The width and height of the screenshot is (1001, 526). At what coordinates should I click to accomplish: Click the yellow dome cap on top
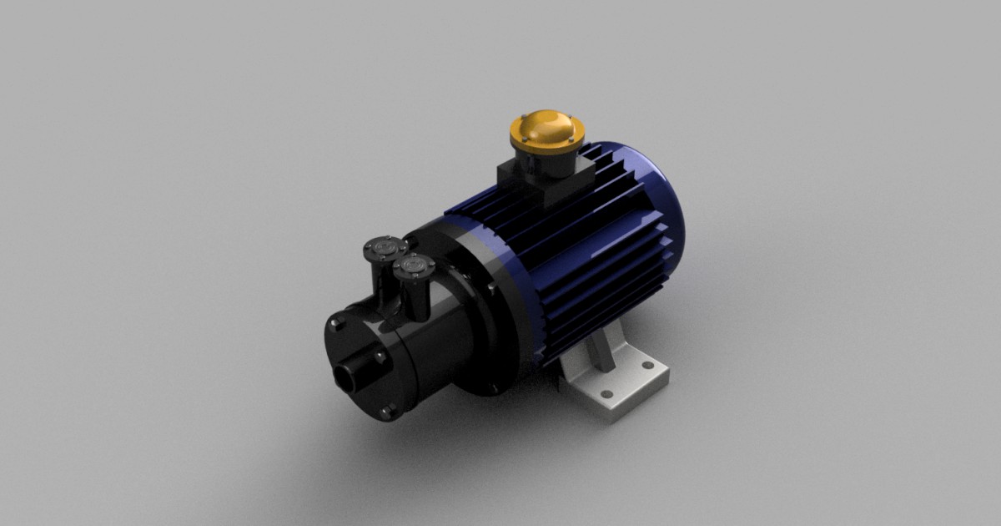click(548, 127)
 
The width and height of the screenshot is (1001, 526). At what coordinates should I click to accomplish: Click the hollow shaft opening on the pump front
click(345, 377)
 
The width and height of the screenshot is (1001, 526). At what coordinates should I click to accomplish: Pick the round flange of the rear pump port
click(384, 247)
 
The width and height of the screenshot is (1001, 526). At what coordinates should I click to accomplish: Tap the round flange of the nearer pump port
click(414, 266)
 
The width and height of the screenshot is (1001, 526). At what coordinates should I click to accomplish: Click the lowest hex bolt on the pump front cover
click(385, 409)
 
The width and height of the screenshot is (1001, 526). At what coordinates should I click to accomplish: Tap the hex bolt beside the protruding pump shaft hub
click(380, 357)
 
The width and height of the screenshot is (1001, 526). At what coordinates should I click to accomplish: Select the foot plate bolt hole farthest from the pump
click(646, 365)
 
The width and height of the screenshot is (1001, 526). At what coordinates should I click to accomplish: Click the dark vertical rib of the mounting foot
click(600, 350)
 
